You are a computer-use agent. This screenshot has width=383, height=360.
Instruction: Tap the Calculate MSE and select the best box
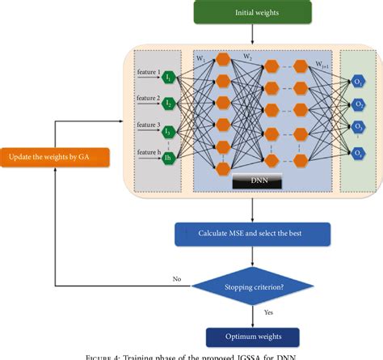254,235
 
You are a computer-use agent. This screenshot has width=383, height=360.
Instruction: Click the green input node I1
170,78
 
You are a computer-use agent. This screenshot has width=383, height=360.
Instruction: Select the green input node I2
170,104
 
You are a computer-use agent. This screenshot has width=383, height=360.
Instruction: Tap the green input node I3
170,132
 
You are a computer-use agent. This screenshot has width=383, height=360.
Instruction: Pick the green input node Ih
170,159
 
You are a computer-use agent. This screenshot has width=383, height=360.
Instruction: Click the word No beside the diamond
177,278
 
